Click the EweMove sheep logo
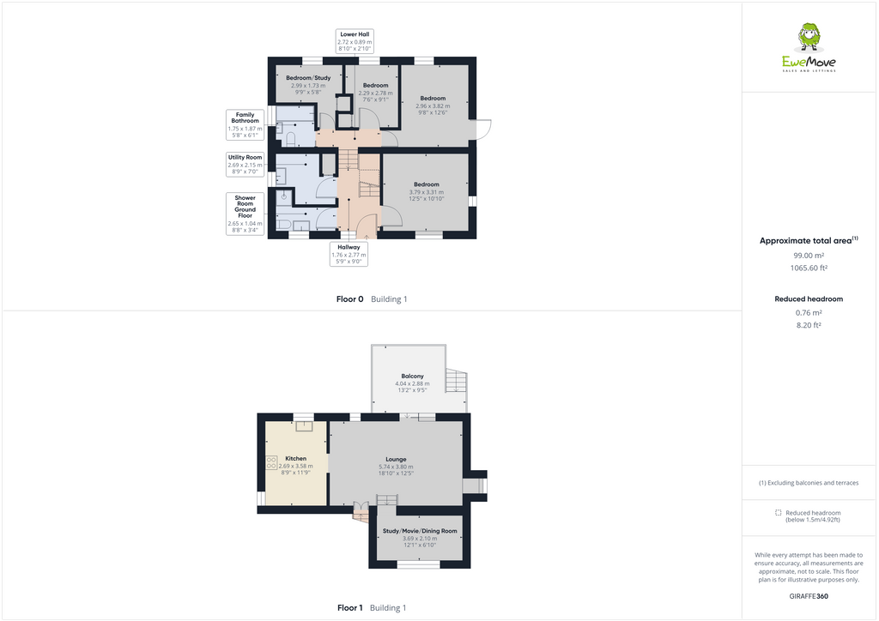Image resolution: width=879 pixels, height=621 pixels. pos(809,39)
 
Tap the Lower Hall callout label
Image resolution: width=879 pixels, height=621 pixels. pos(355,41)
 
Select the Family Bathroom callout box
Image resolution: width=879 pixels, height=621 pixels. pos(246,124)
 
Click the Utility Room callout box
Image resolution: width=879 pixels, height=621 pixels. pos(246,165)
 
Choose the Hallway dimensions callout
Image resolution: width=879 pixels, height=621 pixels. pos(349,254)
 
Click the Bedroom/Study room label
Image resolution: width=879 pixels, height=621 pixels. pos(308,81)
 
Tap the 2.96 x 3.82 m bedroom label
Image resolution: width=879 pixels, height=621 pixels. pos(433,102)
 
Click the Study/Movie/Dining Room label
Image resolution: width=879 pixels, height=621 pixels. pos(420,534)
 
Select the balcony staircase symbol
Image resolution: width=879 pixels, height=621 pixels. pos(457,380)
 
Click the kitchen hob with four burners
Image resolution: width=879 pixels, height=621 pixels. pos(271,463)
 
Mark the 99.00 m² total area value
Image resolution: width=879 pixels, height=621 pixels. pos(808,255)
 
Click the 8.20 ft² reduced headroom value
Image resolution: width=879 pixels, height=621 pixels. pos(808,325)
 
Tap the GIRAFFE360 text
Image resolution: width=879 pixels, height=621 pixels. pos(809,596)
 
